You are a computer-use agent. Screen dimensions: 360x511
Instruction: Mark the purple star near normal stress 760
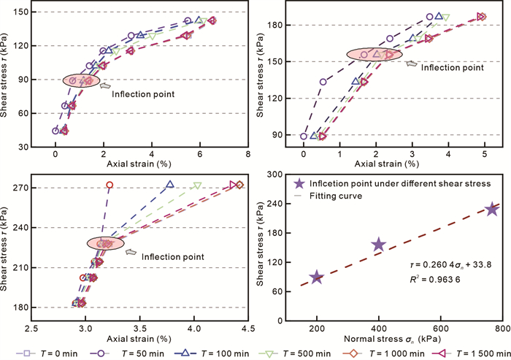coord(493,209)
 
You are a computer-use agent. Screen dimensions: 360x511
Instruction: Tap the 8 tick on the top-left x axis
coord(249,155)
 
